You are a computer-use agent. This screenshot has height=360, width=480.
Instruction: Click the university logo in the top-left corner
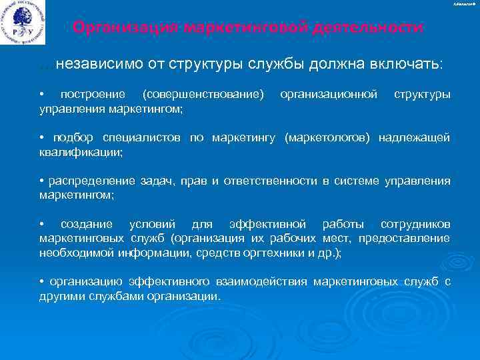[24, 22]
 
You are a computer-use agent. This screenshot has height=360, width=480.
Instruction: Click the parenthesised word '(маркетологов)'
[329, 137]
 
